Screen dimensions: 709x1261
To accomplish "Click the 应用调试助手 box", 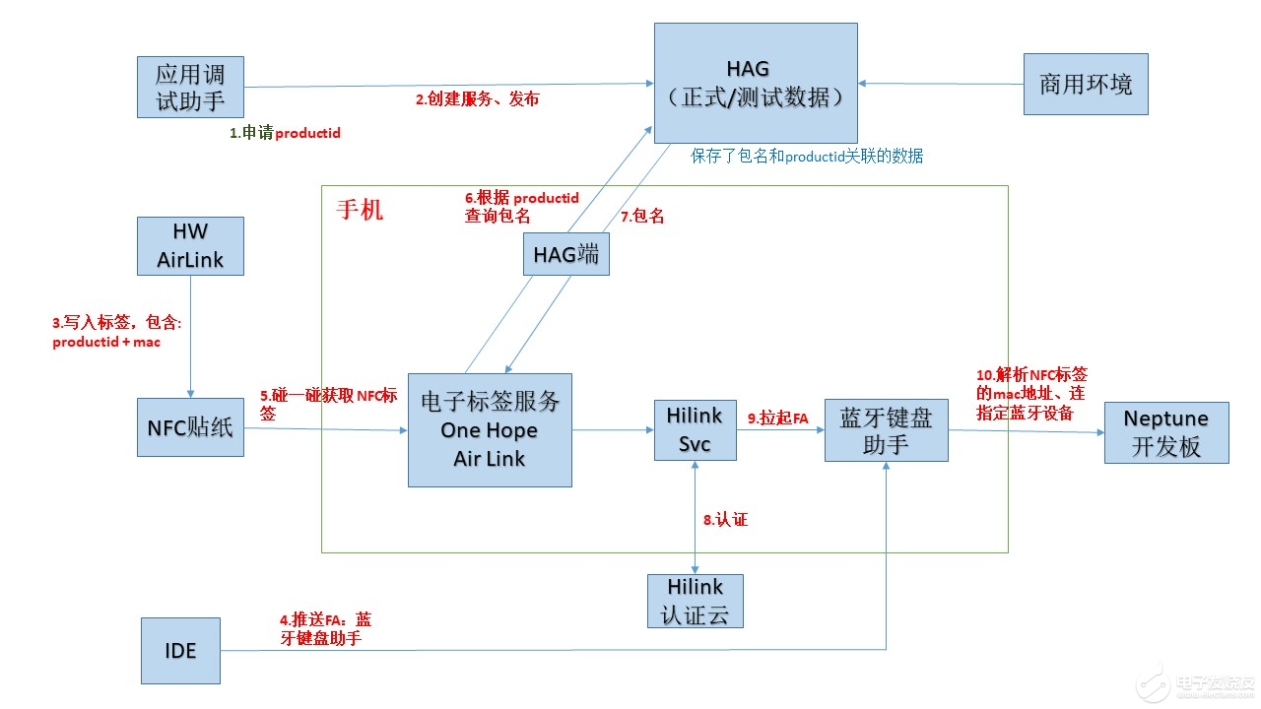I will click(190, 87).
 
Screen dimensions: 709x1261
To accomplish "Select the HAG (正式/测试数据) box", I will click(756, 85).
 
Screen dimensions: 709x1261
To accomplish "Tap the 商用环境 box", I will click(1086, 85).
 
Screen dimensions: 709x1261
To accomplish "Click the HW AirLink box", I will click(190, 245).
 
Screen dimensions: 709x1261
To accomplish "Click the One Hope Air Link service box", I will click(490, 430).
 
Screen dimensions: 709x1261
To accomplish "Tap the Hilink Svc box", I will click(695, 430).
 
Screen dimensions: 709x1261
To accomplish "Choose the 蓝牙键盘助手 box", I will click(886, 430).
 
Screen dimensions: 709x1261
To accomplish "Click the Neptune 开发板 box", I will click(1166, 432).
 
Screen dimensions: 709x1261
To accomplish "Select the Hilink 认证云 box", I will click(695, 601).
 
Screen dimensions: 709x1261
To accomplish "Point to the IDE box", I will click(180, 651).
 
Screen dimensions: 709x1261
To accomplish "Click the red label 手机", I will click(360, 210).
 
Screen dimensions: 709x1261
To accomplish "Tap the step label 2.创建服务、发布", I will click(477, 99).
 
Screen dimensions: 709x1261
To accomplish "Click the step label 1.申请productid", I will click(285, 133).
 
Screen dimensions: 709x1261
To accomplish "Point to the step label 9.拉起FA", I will click(777, 418).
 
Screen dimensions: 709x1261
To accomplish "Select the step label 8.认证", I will click(725, 519).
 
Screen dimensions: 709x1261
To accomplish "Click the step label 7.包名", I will click(641, 217).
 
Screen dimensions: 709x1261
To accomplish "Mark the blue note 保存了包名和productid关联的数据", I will click(807, 157).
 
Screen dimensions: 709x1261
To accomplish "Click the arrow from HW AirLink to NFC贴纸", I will click(190, 335).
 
